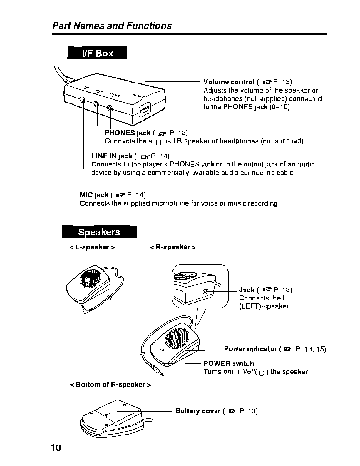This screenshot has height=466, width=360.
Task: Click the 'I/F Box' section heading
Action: [97, 53]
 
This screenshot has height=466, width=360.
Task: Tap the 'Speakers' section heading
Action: [99, 232]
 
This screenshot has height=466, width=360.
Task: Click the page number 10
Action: [56, 447]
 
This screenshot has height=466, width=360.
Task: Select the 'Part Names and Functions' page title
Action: [112, 26]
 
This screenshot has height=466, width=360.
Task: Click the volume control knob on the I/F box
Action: [145, 110]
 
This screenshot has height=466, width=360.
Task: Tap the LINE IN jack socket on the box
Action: [96, 104]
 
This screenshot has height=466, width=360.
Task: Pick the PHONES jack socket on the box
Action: [110, 108]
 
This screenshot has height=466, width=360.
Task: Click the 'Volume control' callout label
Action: [229, 82]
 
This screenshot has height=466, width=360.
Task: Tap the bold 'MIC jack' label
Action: [94, 195]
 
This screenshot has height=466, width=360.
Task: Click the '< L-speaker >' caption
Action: [92, 247]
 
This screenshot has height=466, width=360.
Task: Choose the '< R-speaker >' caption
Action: [173, 247]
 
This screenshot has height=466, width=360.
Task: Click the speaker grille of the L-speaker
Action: [91, 278]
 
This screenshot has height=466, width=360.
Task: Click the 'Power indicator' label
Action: [250, 349]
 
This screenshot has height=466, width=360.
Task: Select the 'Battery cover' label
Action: [198, 411]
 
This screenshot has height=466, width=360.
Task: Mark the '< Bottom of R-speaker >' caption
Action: [110, 385]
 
